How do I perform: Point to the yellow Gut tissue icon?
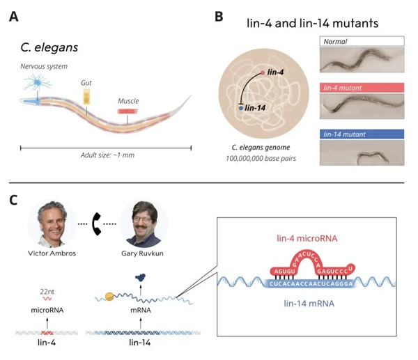click(x=86, y=102)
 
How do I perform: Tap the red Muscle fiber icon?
click(x=127, y=110)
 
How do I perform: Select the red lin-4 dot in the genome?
click(x=263, y=73)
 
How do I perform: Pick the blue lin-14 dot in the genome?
click(x=241, y=109)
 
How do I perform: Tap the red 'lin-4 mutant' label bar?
click(x=358, y=88)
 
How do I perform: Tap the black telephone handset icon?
click(x=98, y=224)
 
